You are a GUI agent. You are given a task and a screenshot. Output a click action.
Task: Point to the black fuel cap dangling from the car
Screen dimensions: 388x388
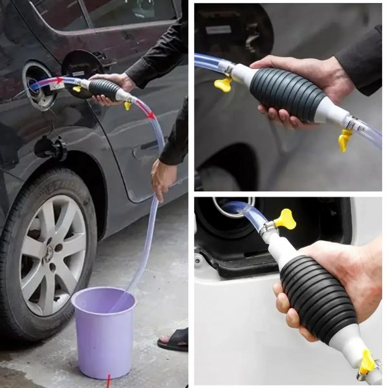click(x=50, y=148)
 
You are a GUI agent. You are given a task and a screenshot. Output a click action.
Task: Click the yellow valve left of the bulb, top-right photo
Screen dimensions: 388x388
click(x=223, y=83)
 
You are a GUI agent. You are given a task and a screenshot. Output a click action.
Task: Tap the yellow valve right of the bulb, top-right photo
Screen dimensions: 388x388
click(x=345, y=140)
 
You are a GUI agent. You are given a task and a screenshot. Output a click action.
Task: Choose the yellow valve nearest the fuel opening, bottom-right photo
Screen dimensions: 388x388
click(x=285, y=219)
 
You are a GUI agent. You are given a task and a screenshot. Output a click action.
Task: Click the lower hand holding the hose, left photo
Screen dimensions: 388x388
click(x=162, y=179)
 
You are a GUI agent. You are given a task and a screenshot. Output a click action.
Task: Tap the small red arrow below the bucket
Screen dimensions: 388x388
click(x=109, y=380)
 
